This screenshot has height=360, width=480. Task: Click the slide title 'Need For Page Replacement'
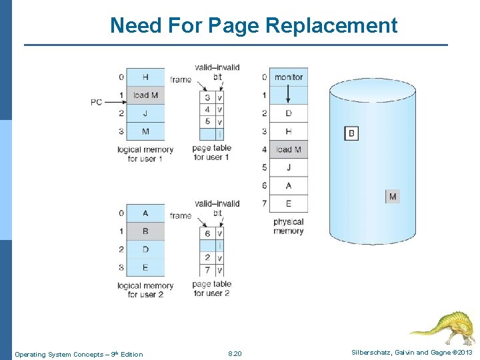coord(253,25)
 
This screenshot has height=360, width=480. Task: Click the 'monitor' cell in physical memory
coord(288,77)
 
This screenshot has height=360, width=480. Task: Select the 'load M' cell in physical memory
coord(288,149)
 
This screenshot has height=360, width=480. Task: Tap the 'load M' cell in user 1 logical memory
coord(145,95)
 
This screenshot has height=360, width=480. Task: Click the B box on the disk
coord(351,133)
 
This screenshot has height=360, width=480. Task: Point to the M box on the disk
coord(393,196)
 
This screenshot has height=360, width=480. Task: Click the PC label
coord(97,102)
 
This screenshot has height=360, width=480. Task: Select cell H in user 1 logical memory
coord(145,77)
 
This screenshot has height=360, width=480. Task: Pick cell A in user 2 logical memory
coord(145,213)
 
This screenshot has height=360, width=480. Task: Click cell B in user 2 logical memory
coord(145,231)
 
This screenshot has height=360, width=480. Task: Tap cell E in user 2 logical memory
coord(145,267)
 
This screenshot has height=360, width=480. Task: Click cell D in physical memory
coord(288,113)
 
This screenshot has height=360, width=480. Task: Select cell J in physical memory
coord(288,167)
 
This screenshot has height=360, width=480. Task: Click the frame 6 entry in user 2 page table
coord(207,234)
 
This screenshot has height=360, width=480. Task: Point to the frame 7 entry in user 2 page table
coord(207,270)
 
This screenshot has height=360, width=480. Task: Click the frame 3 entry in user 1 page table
coord(207,98)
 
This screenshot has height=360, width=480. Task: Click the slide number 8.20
coord(235,354)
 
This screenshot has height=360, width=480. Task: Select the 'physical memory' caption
coord(288,227)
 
